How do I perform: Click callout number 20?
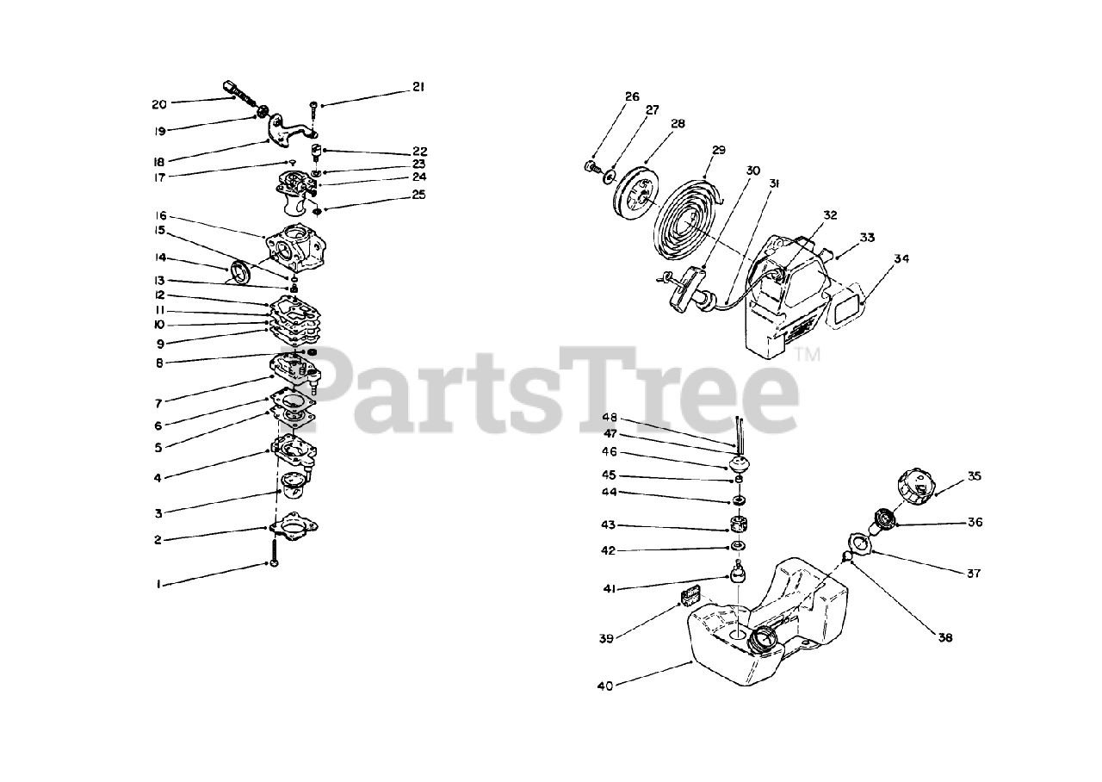[159, 104]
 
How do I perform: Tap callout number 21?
[418, 87]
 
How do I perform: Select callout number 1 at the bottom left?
[158, 585]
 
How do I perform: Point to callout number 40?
[605, 686]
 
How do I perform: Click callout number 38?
[945, 638]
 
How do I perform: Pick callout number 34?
[901, 258]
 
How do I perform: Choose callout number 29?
[719, 150]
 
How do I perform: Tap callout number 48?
[610, 418]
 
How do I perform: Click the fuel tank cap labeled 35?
[915, 487]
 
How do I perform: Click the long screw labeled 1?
[274, 553]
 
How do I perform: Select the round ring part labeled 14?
[240, 271]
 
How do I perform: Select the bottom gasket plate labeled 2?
[294, 525]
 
